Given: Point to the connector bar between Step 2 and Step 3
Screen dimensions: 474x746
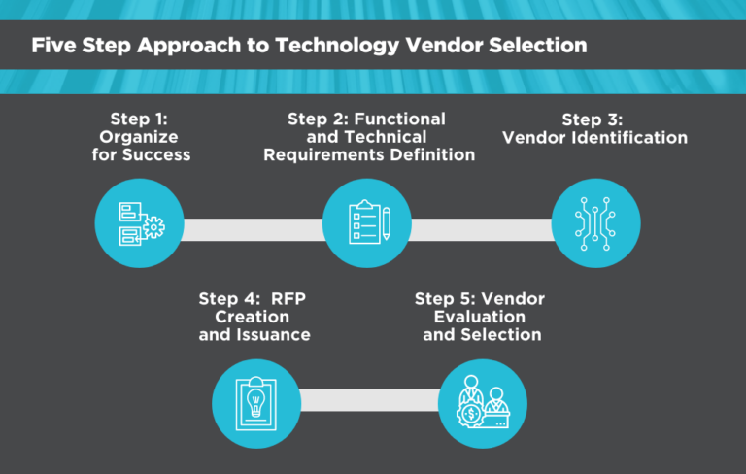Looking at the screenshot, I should tap(481, 229).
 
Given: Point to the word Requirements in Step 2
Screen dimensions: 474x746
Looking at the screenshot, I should tap(322, 154).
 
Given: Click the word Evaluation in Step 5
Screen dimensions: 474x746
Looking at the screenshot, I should tap(481, 317).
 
